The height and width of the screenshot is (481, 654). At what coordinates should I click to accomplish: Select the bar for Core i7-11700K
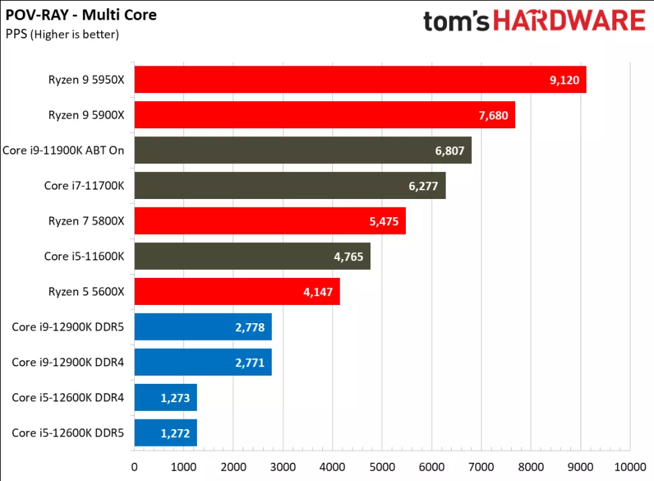coord(290,186)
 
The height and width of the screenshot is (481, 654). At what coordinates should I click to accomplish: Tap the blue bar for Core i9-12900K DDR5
coord(203,327)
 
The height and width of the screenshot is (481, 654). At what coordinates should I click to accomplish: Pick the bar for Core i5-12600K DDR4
coord(165,397)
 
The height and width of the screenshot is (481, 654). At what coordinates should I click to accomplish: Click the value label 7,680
coord(492,115)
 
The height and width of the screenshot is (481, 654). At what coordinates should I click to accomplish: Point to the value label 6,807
coord(450,150)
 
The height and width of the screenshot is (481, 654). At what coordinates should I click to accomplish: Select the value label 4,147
coord(318,291)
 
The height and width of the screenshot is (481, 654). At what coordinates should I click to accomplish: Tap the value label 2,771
coord(249,362)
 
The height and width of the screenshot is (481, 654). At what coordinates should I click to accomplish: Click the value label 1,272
coord(175,432)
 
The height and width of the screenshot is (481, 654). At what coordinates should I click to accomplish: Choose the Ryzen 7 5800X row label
coord(86,221)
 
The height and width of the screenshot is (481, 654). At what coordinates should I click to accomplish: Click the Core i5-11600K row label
coord(84,256)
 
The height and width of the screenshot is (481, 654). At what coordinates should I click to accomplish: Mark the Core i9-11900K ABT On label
coord(63,150)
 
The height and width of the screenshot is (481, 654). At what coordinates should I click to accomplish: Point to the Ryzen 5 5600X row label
coord(86,291)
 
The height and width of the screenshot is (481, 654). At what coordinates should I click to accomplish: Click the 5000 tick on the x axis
coord(382,466)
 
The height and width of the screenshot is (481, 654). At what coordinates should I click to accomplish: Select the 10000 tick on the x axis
coord(629,466)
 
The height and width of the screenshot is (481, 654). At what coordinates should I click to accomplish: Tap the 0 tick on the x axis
coord(134,466)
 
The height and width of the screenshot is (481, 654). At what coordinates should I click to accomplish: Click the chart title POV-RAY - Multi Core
coord(81,14)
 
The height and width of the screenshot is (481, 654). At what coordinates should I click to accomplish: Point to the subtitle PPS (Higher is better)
coord(62,34)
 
